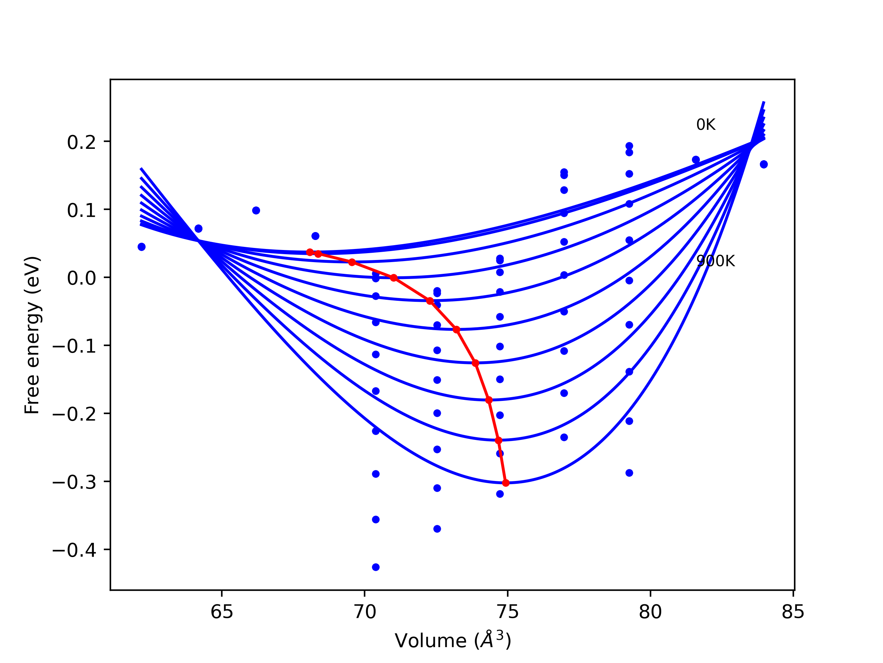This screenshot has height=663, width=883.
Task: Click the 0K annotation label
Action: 706,125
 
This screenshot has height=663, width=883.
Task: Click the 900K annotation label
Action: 715,261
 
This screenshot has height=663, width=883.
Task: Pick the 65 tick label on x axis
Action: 221,612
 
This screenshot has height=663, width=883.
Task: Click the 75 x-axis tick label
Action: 507,612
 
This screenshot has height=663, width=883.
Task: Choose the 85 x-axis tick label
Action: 793,612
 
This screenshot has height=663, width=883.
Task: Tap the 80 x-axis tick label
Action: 650,612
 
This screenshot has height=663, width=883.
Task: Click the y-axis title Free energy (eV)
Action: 32,335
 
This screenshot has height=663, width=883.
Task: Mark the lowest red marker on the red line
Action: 506,483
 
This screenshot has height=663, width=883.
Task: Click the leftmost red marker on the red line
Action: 310,252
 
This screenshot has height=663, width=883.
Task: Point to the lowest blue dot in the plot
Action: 376,567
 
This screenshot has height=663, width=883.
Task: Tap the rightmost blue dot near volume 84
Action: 764,164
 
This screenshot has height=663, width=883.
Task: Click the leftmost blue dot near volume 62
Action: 141,247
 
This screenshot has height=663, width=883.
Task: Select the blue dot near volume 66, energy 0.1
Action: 256,211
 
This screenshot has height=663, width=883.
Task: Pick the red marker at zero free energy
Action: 394,278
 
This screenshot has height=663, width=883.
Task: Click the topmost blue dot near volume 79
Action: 629,146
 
